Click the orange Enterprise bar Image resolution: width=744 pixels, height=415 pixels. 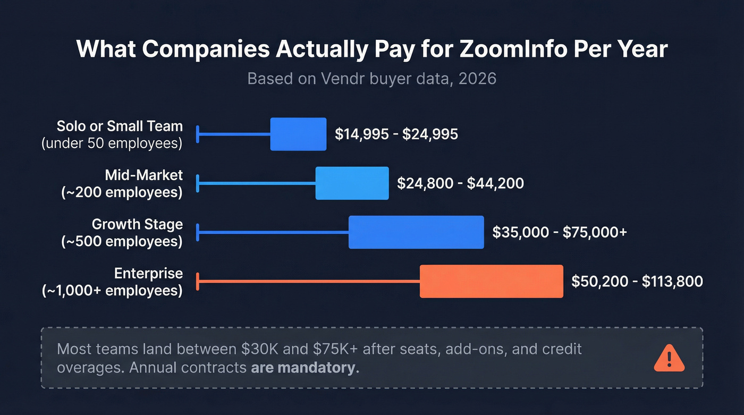(491, 281)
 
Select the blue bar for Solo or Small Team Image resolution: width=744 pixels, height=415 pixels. (298, 134)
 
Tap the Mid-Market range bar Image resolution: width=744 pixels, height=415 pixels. (352, 183)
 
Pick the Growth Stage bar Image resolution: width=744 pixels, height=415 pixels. (416, 232)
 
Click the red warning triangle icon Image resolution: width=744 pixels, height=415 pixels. (669, 358)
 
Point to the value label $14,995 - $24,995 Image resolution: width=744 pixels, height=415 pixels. (396, 134)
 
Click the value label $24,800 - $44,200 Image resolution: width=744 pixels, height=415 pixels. (460, 183)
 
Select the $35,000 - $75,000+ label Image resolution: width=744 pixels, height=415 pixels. (560, 232)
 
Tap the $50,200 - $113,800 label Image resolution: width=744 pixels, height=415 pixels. (637, 281)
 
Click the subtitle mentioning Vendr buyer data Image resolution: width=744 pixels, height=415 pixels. (371, 79)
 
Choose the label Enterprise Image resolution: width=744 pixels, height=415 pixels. (148, 274)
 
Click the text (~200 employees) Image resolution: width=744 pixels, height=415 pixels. (122, 192)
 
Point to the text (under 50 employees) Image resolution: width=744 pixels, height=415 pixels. (112, 143)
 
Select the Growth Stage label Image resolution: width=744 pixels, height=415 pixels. (137, 224)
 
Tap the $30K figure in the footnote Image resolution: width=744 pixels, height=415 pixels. (261, 349)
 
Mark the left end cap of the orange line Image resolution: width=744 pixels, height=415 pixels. (198, 281)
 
